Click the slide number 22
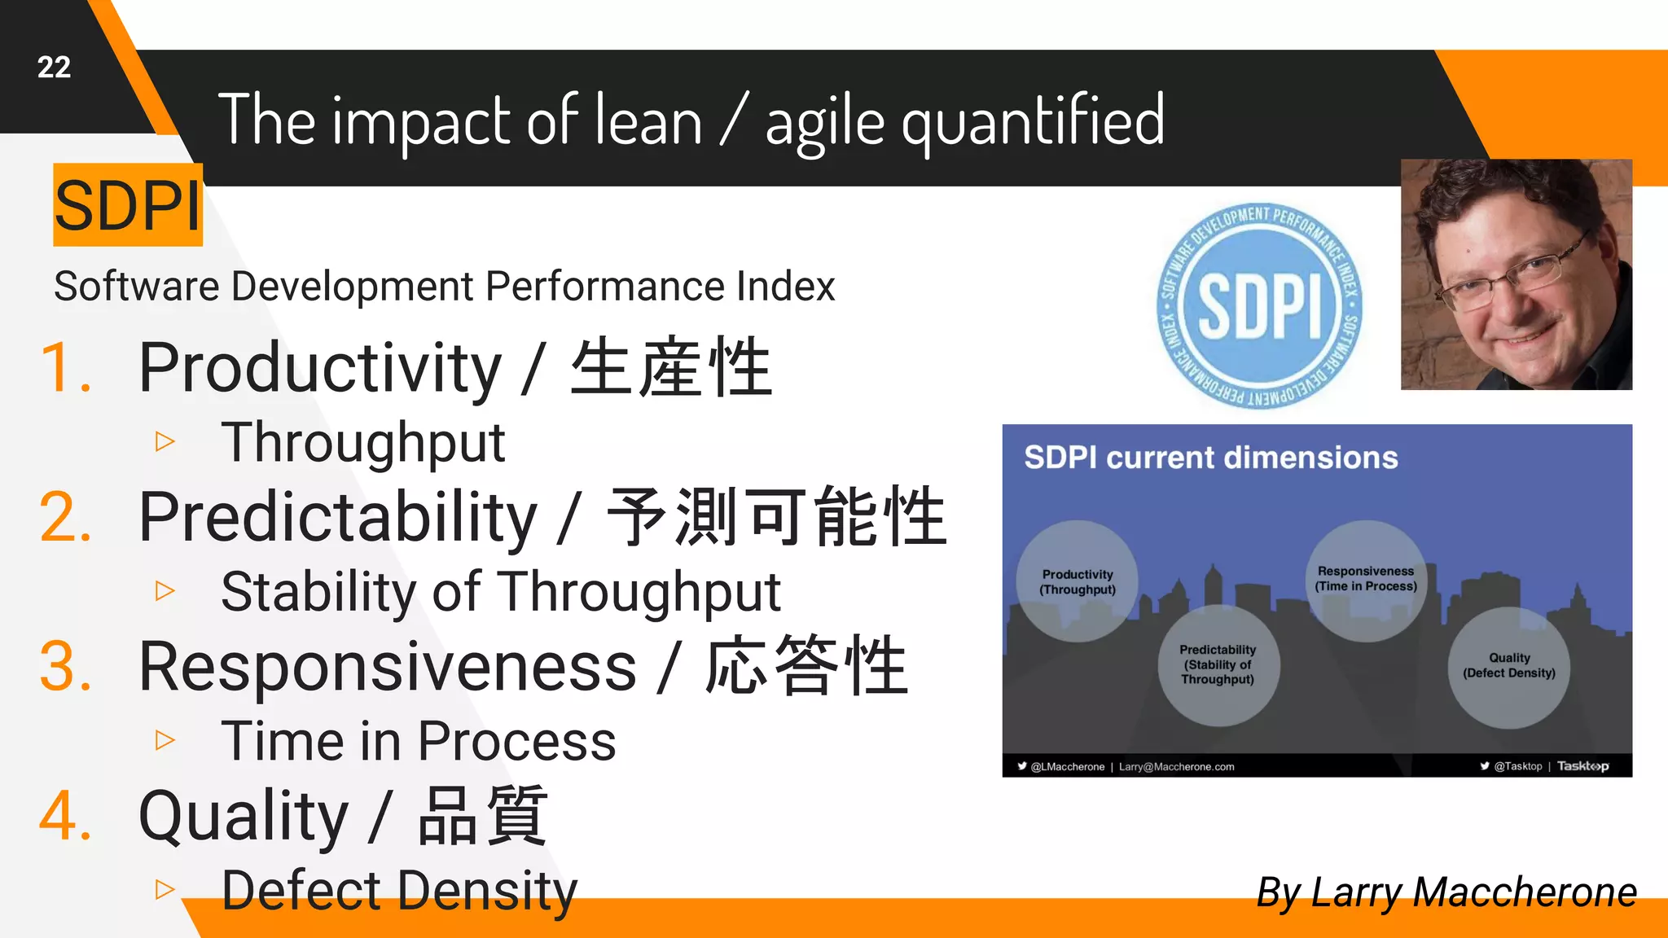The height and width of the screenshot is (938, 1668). click(x=54, y=68)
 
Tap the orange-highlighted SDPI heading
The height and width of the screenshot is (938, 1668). click(x=128, y=205)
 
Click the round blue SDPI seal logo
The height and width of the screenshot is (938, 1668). click(x=1260, y=306)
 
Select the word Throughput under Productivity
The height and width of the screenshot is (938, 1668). click(x=363, y=444)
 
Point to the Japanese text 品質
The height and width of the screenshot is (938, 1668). click(x=482, y=816)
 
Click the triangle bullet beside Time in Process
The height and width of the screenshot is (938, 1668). click(x=165, y=740)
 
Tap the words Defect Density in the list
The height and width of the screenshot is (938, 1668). click(x=399, y=891)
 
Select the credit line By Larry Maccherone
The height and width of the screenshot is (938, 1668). click(x=1446, y=892)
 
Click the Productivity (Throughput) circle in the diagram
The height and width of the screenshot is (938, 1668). click(x=1078, y=581)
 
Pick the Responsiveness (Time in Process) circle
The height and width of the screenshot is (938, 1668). click(x=1366, y=579)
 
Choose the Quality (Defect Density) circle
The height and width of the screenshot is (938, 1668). click(x=1509, y=666)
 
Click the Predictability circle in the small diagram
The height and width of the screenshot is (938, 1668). click(x=1218, y=664)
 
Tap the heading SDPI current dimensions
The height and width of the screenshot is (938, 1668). click(x=1210, y=458)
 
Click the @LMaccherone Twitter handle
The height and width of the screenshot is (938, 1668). click(x=1067, y=767)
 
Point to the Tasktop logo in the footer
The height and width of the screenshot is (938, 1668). click(x=1582, y=766)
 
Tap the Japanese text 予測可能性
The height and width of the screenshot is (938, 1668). click(x=777, y=518)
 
